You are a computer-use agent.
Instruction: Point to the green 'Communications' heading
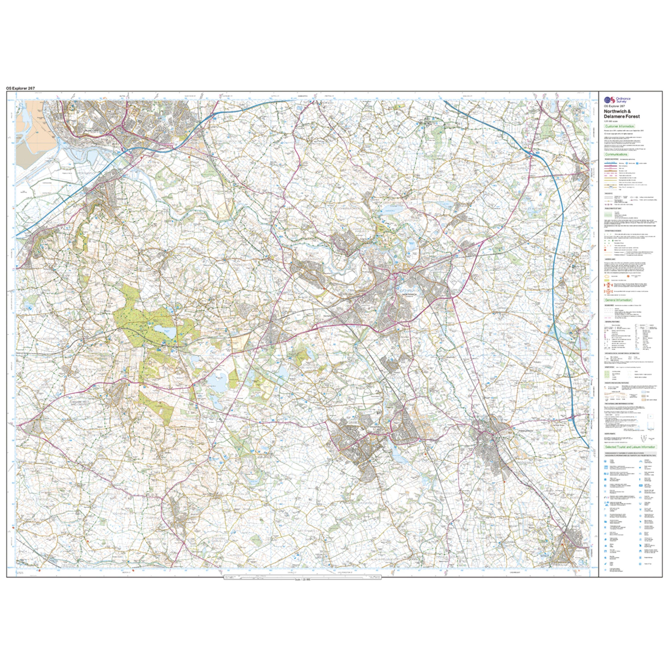coord(616,155)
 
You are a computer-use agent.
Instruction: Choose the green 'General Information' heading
coord(618,300)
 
